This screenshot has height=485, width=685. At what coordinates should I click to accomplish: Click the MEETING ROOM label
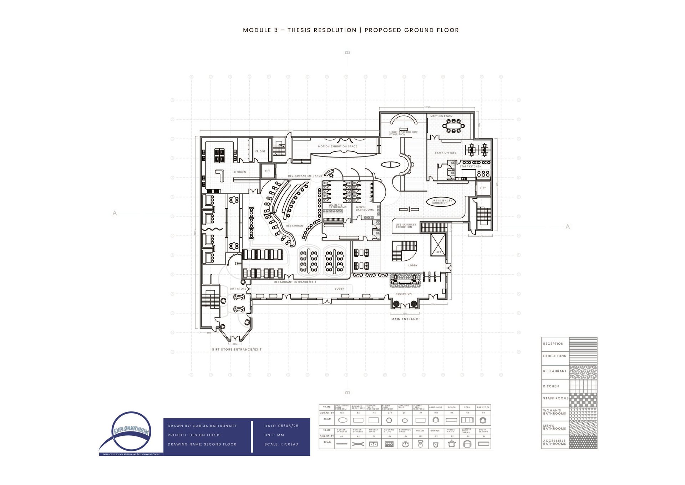441,116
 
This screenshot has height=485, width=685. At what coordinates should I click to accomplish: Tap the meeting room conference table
453,126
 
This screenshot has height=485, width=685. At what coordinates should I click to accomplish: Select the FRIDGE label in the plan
260,151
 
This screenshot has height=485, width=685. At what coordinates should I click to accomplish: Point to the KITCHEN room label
240,172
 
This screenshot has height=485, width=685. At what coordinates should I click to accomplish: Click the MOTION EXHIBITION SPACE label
338,146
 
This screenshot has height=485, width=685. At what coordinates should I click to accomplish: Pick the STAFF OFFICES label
445,153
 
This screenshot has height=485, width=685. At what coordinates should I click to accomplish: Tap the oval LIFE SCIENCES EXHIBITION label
441,202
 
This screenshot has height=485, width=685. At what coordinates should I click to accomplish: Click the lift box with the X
438,245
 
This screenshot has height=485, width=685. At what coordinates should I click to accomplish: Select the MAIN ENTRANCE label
406,319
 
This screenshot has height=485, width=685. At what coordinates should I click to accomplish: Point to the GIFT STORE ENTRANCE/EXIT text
237,350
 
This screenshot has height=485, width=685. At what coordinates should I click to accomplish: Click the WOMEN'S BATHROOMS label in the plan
337,206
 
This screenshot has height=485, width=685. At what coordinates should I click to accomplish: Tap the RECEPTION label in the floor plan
404,294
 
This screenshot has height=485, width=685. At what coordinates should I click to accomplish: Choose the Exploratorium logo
131,432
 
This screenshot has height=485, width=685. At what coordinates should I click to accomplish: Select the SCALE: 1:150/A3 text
281,444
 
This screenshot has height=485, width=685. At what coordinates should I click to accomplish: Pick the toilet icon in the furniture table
420,444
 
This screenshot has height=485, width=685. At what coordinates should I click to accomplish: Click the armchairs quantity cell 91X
436,413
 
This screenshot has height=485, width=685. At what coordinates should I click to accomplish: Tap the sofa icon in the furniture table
467,420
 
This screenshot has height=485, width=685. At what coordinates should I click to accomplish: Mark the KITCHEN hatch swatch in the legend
583,386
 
